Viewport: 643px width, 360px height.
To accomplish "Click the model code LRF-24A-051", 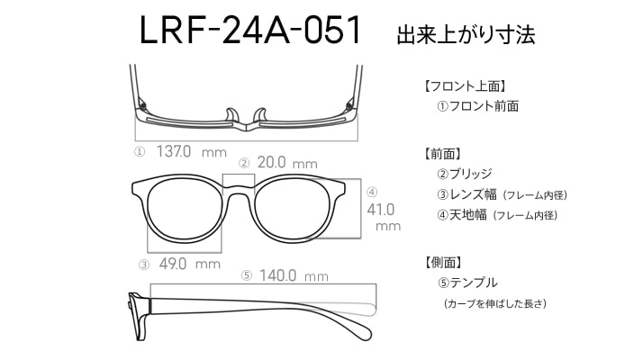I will pos(249,31).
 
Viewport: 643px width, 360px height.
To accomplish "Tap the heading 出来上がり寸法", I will pos(466,35).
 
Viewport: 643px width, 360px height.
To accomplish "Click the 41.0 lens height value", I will pos(382,209).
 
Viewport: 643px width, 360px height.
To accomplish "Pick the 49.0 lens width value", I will pos(173,264).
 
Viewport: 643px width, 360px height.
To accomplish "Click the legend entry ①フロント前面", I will pos(477,106).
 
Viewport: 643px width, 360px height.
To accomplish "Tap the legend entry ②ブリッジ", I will pos(465,173).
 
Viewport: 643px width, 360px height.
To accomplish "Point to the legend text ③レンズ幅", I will pos(465,194).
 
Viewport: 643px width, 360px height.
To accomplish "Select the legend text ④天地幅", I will pos(465,215).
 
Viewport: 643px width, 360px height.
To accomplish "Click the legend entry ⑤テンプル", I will pos(466,283).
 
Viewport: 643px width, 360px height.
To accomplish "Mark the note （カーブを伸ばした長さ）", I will pos(494,303).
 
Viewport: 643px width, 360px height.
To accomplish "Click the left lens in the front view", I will pos(183,211).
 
